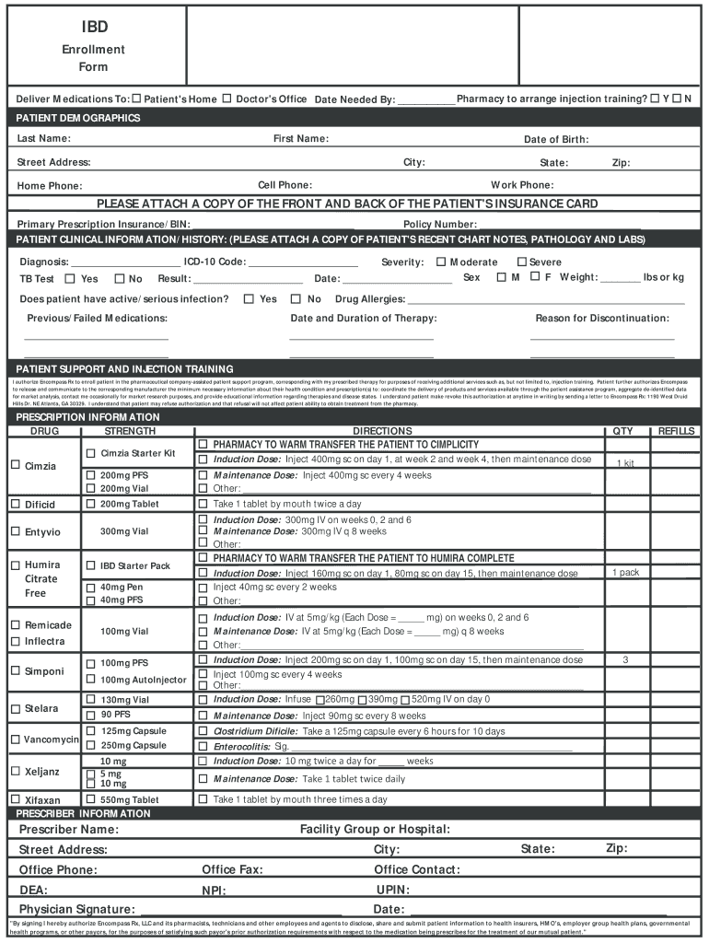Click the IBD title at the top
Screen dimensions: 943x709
tap(93, 27)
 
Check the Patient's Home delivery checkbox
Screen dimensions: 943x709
tap(136, 99)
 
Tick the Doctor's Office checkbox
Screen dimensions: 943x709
tap(227, 99)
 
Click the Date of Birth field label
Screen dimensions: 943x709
tap(556, 139)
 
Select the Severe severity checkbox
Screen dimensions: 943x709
tap(521, 262)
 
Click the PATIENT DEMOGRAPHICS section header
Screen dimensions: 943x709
tap(78, 118)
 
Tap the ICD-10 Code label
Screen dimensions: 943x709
tap(214, 262)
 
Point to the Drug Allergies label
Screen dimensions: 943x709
tap(369, 299)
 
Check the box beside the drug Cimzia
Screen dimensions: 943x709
tap(15, 465)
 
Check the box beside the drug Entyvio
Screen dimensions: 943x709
tap(15, 531)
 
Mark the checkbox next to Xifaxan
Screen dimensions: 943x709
tap(15, 799)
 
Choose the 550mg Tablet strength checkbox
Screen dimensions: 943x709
tap(90, 799)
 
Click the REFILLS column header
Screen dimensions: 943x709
tap(676, 431)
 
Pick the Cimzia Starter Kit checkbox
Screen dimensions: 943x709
tap(90, 453)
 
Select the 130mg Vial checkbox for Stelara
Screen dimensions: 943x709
tap(90, 700)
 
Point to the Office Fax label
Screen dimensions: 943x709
tap(232, 869)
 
